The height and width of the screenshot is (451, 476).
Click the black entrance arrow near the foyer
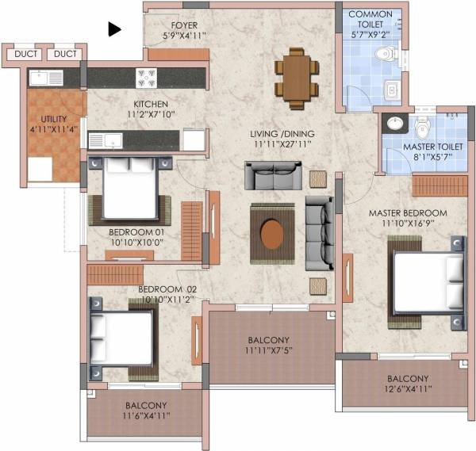115,29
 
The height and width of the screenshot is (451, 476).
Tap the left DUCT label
25,54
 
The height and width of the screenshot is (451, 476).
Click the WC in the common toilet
384,55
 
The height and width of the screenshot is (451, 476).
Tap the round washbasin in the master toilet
394,123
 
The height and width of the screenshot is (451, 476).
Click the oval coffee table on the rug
273,234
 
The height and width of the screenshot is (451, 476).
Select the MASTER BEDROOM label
407,213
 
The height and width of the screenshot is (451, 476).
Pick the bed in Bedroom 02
123,337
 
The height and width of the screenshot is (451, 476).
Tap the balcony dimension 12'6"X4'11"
408,390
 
